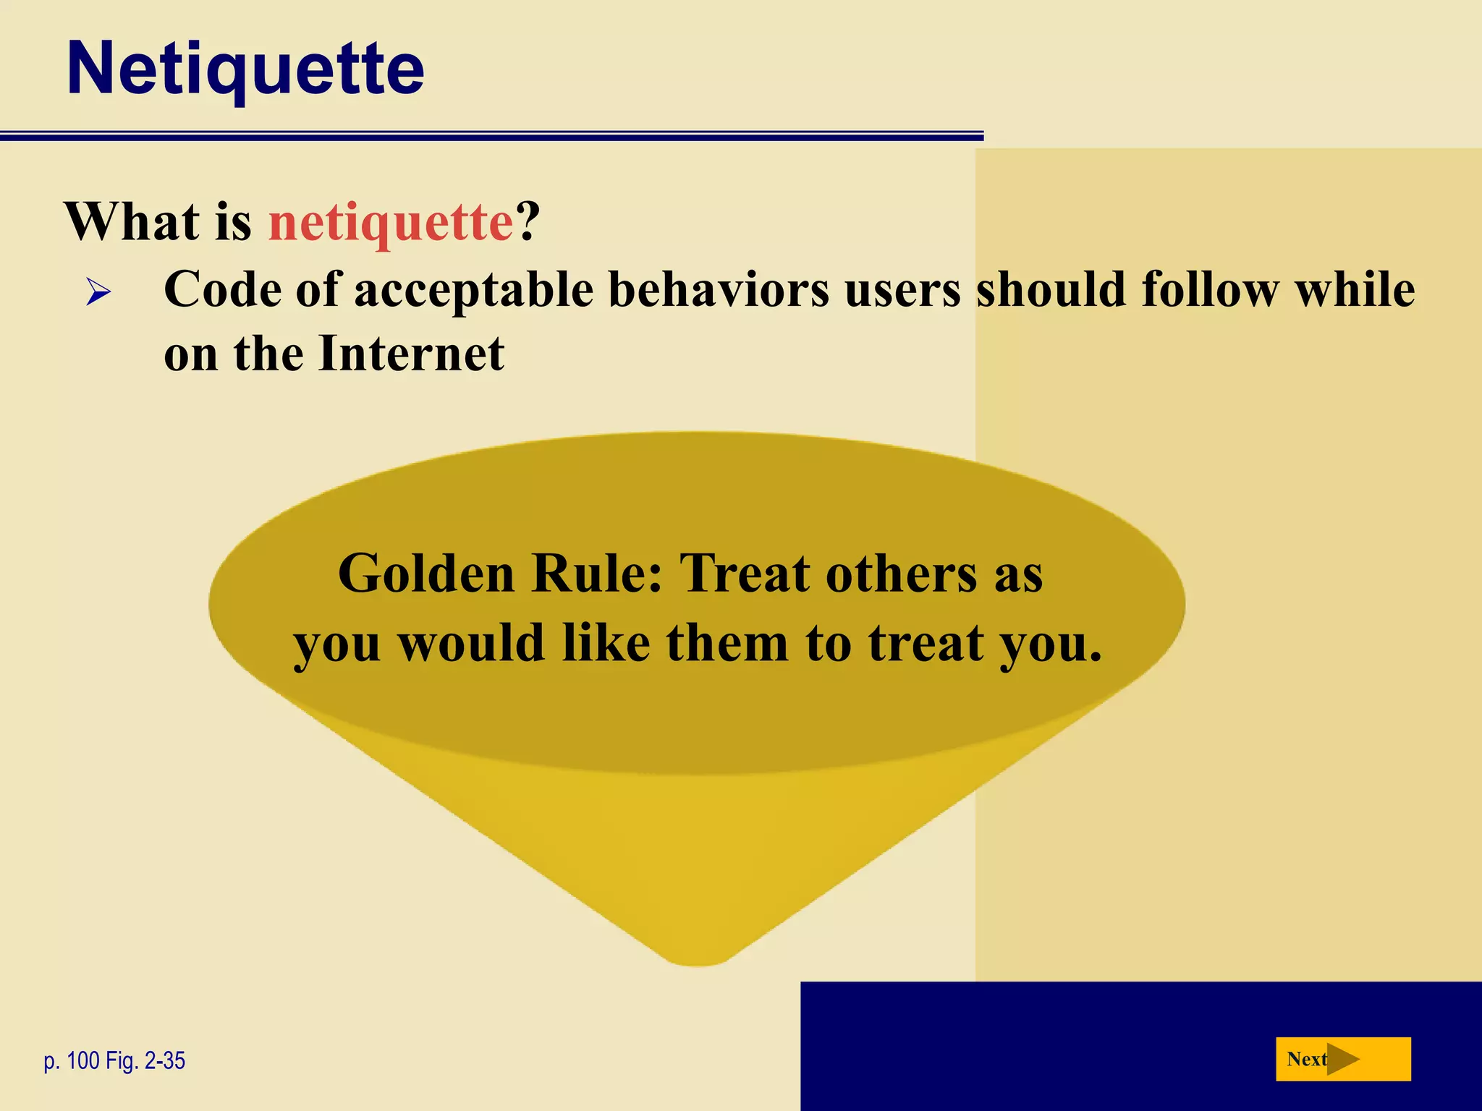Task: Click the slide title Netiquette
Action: point(245,69)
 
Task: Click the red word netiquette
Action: point(391,221)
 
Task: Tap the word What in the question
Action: point(132,221)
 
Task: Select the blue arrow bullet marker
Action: point(98,293)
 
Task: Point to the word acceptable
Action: point(473,290)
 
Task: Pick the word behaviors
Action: point(719,290)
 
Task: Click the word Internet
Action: point(411,354)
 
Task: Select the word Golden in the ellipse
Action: point(426,574)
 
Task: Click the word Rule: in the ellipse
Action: point(597,574)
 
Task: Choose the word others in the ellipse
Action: point(902,574)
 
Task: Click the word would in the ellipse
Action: point(471,643)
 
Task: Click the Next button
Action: point(1342,1060)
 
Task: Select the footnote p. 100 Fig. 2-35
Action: point(114,1061)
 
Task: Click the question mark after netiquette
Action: point(528,221)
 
